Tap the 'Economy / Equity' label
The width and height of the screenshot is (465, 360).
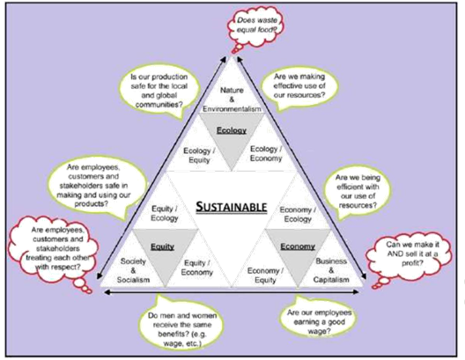click(x=265, y=276)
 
